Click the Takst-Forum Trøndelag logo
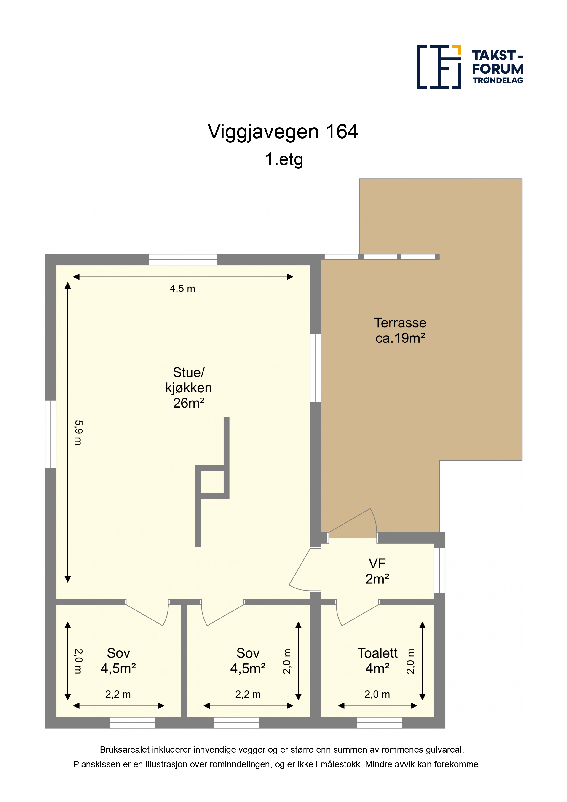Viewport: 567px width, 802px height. pos(470,67)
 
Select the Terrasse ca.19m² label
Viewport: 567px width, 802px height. pos(400,330)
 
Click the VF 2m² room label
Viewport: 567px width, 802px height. pos(377,571)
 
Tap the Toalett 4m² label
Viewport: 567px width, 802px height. pos(377,660)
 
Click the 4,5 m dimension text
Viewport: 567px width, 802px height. pos(182,289)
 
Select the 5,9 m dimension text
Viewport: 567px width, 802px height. pos(78,433)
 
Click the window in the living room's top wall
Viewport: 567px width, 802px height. pos(183,259)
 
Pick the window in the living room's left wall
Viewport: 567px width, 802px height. pos(51,434)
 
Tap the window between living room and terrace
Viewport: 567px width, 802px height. pos(316,368)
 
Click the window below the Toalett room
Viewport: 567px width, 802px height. pos(379,723)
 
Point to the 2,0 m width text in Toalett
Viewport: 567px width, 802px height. pos(377,694)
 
